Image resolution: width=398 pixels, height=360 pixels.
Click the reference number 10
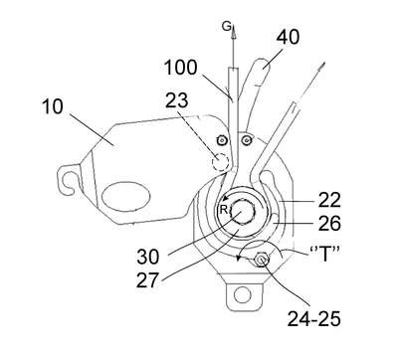tap(53, 106)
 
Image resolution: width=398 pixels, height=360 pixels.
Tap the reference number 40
tap(288, 37)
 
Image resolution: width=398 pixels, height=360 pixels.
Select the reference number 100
tap(181, 68)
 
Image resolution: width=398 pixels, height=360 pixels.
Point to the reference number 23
tap(176, 99)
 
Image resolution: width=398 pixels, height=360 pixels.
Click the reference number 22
tap(329, 200)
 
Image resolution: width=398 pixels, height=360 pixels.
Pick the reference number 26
tap(329, 223)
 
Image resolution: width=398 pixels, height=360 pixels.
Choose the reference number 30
tap(148, 257)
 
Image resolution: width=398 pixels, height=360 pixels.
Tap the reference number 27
tap(147, 280)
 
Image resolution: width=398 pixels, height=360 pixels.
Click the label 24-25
tap(313, 319)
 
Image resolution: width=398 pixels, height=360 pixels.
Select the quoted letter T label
tap(324, 254)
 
